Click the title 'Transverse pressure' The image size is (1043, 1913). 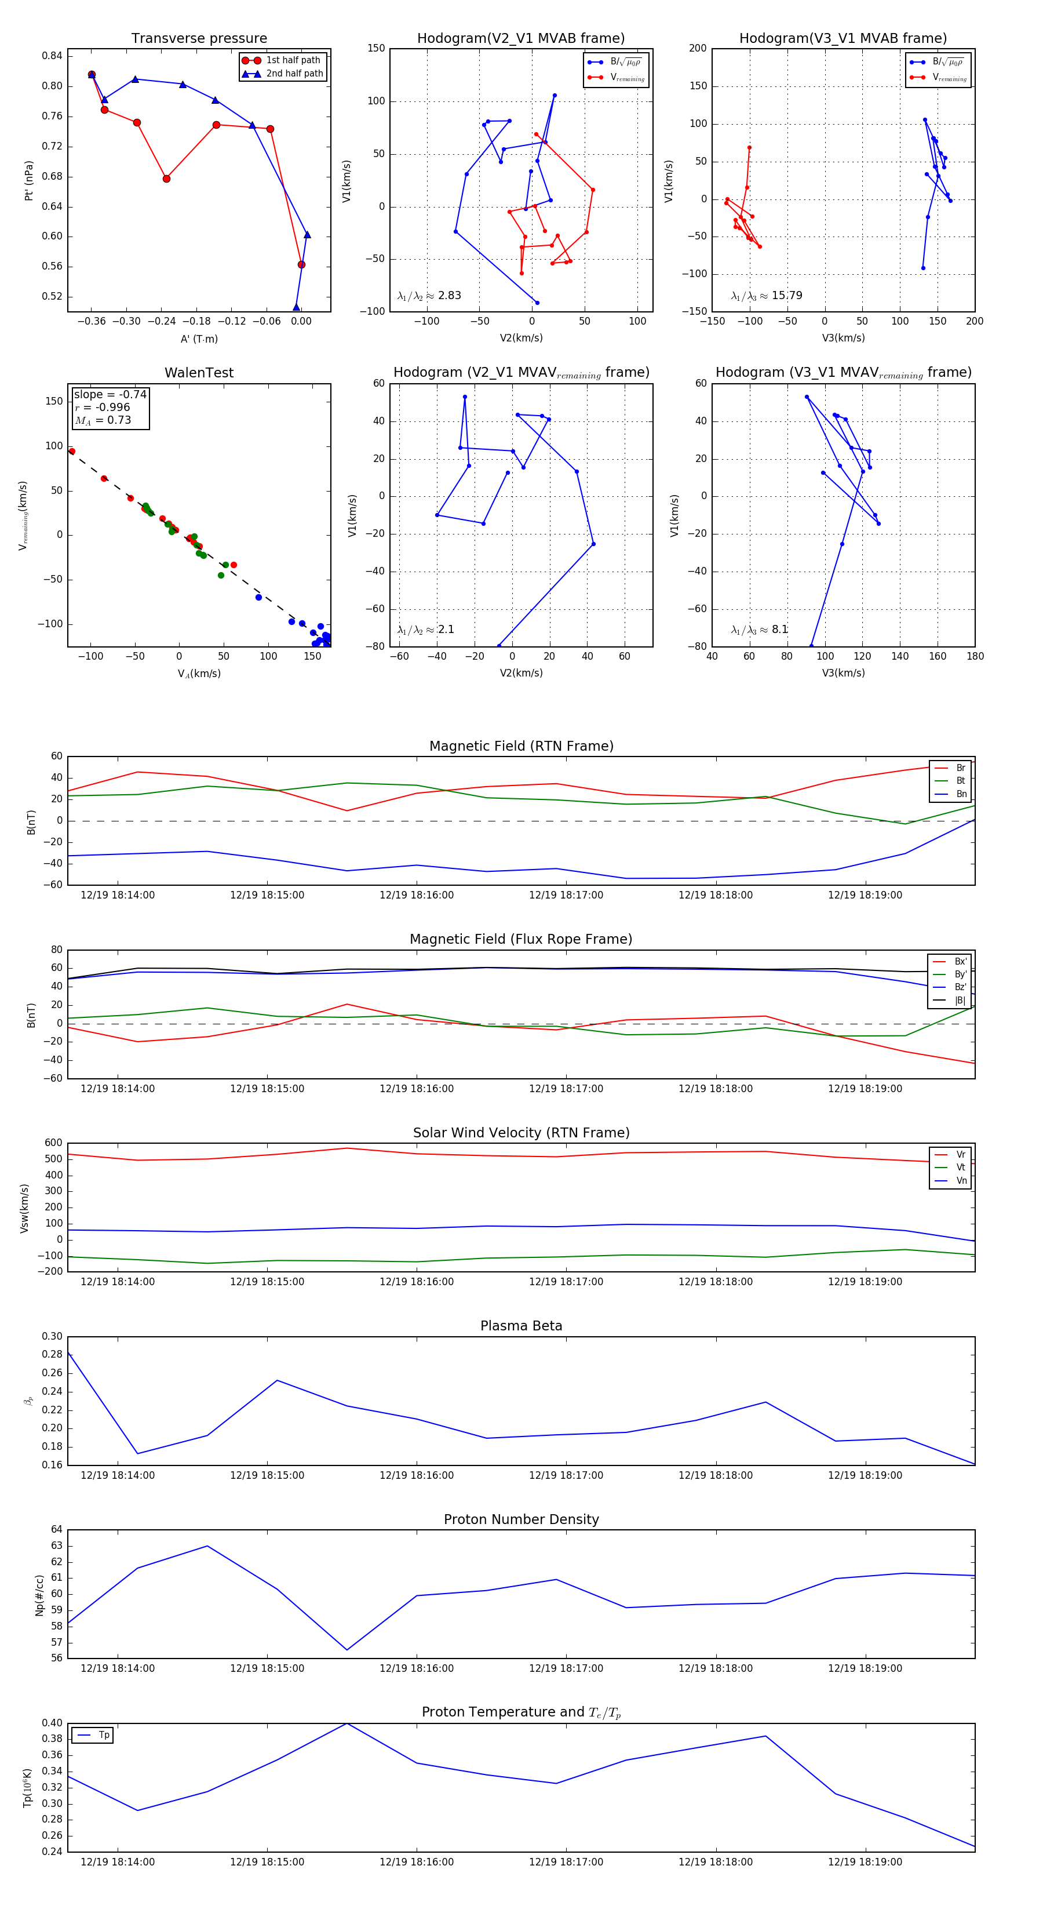(x=199, y=39)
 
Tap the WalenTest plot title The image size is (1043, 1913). (x=199, y=373)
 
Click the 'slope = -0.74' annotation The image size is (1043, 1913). (x=110, y=394)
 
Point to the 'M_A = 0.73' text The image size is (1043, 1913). (x=103, y=420)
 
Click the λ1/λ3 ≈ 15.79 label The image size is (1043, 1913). (x=766, y=296)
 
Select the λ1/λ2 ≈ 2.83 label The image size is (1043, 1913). (x=429, y=296)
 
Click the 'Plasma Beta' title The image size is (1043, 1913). (x=521, y=1326)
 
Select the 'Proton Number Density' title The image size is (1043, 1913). (x=521, y=1519)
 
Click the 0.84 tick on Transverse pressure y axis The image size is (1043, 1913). (x=52, y=56)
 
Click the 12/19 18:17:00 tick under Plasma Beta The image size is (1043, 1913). (x=566, y=1475)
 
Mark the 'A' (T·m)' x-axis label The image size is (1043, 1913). (x=199, y=339)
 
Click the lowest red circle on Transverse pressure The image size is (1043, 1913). (x=301, y=264)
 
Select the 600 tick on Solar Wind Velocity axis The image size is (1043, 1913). (x=53, y=1143)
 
